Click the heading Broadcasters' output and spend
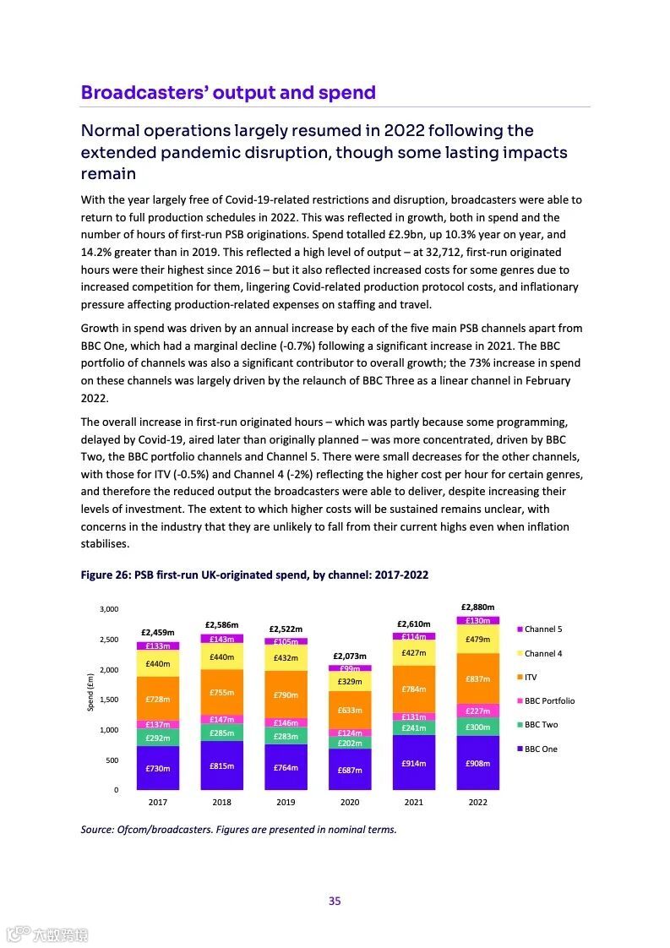228,92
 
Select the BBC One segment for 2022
477,763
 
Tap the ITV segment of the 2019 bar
286,695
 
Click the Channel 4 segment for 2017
157,663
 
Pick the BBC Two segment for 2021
413,727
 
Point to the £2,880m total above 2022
477,607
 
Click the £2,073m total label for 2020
349,656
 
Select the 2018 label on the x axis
221,803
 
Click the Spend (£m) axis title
90,691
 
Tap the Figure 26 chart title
254,575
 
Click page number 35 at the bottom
335,901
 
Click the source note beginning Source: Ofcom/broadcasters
238,829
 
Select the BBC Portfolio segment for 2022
477,711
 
